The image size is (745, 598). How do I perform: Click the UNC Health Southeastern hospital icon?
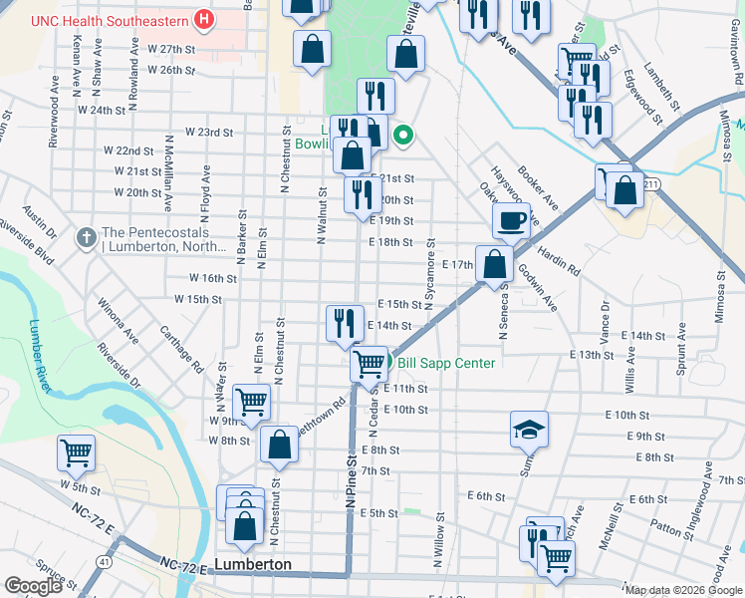(x=204, y=19)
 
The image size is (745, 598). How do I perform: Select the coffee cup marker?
(x=512, y=221)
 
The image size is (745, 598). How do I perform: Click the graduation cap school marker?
(x=530, y=429)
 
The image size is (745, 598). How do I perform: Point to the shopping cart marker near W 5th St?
(x=77, y=453)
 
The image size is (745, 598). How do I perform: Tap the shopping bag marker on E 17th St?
(x=495, y=265)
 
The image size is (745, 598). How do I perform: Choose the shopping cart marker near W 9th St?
(x=252, y=404)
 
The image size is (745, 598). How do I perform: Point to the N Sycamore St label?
(x=431, y=274)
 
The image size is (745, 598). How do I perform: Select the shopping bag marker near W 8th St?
(x=280, y=445)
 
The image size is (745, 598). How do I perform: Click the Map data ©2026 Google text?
(x=683, y=590)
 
